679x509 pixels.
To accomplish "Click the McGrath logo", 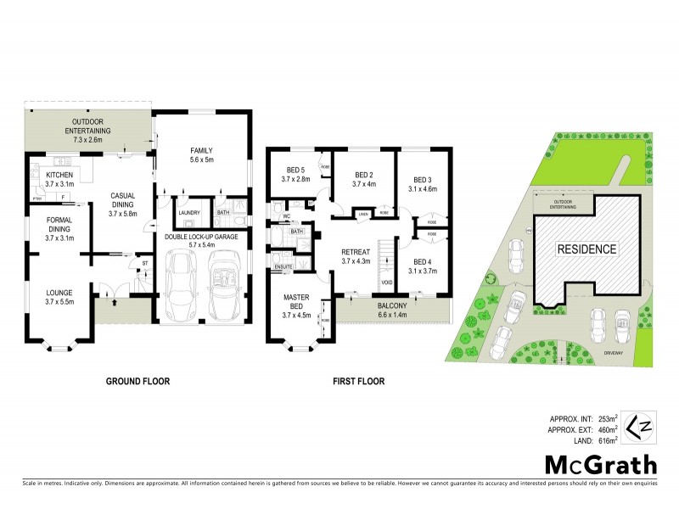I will pos(601,464).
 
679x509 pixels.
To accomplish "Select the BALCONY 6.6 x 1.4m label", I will pos(393,310).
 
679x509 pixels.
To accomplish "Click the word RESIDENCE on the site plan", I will pos(586,249).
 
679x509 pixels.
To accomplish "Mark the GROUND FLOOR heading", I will pos(137,382).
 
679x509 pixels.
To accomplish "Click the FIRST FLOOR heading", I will pos(359,382).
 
